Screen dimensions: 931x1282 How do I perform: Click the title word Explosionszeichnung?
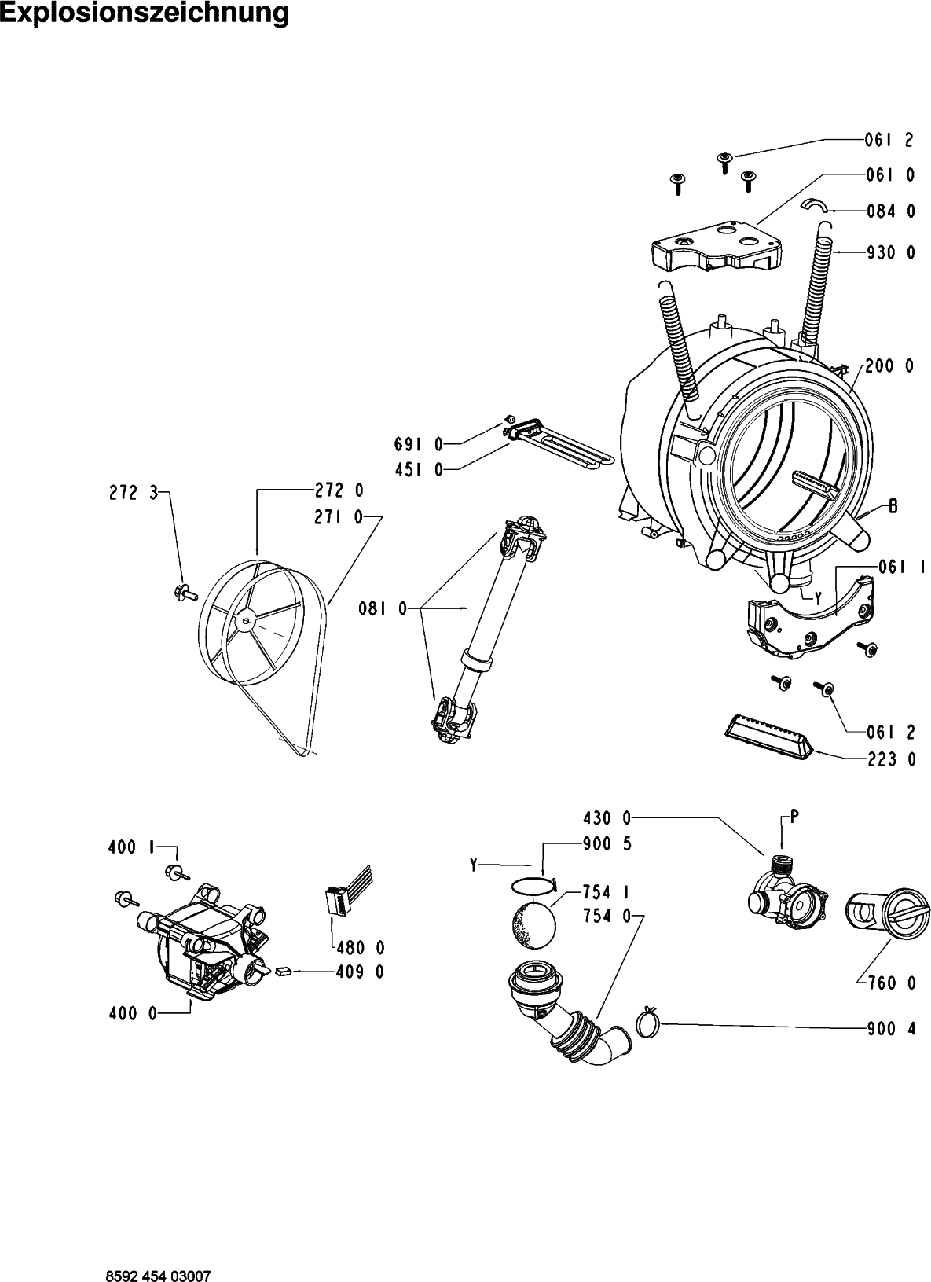pyautogui.click(x=145, y=14)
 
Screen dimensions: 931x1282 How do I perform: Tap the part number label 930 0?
pyautogui.click(x=890, y=252)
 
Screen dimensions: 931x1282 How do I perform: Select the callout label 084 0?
pyautogui.click(x=890, y=211)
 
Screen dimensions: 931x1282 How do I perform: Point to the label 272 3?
pyautogui.click(x=133, y=493)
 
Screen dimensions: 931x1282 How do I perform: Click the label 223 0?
pyautogui.click(x=892, y=759)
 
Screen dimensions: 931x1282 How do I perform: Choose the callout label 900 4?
pyautogui.click(x=892, y=1029)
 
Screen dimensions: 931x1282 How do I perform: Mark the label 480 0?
pyautogui.click(x=361, y=949)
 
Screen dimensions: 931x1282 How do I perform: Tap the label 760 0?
pyautogui.click(x=892, y=983)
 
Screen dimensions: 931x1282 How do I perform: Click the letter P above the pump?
pyautogui.click(x=794, y=817)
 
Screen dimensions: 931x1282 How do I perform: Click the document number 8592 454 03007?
pyautogui.click(x=159, y=1276)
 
